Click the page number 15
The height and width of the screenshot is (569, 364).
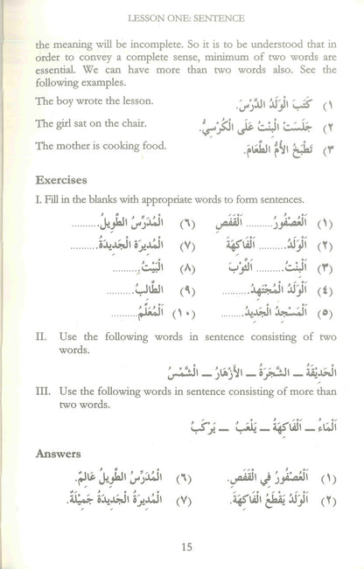point(184,548)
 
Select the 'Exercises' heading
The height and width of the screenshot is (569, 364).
point(64,179)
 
